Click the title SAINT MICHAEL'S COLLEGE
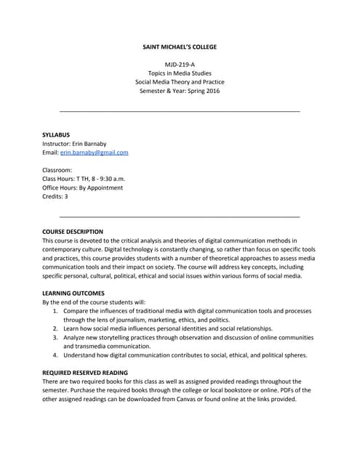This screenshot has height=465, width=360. coord(180,47)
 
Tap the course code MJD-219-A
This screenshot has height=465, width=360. coord(180,65)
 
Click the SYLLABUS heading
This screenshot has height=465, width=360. coord(57,135)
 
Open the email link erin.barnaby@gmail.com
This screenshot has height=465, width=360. coord(95,153)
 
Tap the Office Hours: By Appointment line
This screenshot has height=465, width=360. coord(83,187)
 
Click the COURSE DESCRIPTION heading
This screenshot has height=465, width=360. coord(73,232)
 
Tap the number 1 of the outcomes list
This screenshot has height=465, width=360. coord(56,311)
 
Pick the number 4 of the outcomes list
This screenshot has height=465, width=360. coord(56,355)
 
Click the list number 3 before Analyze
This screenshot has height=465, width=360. coord(56,338)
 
